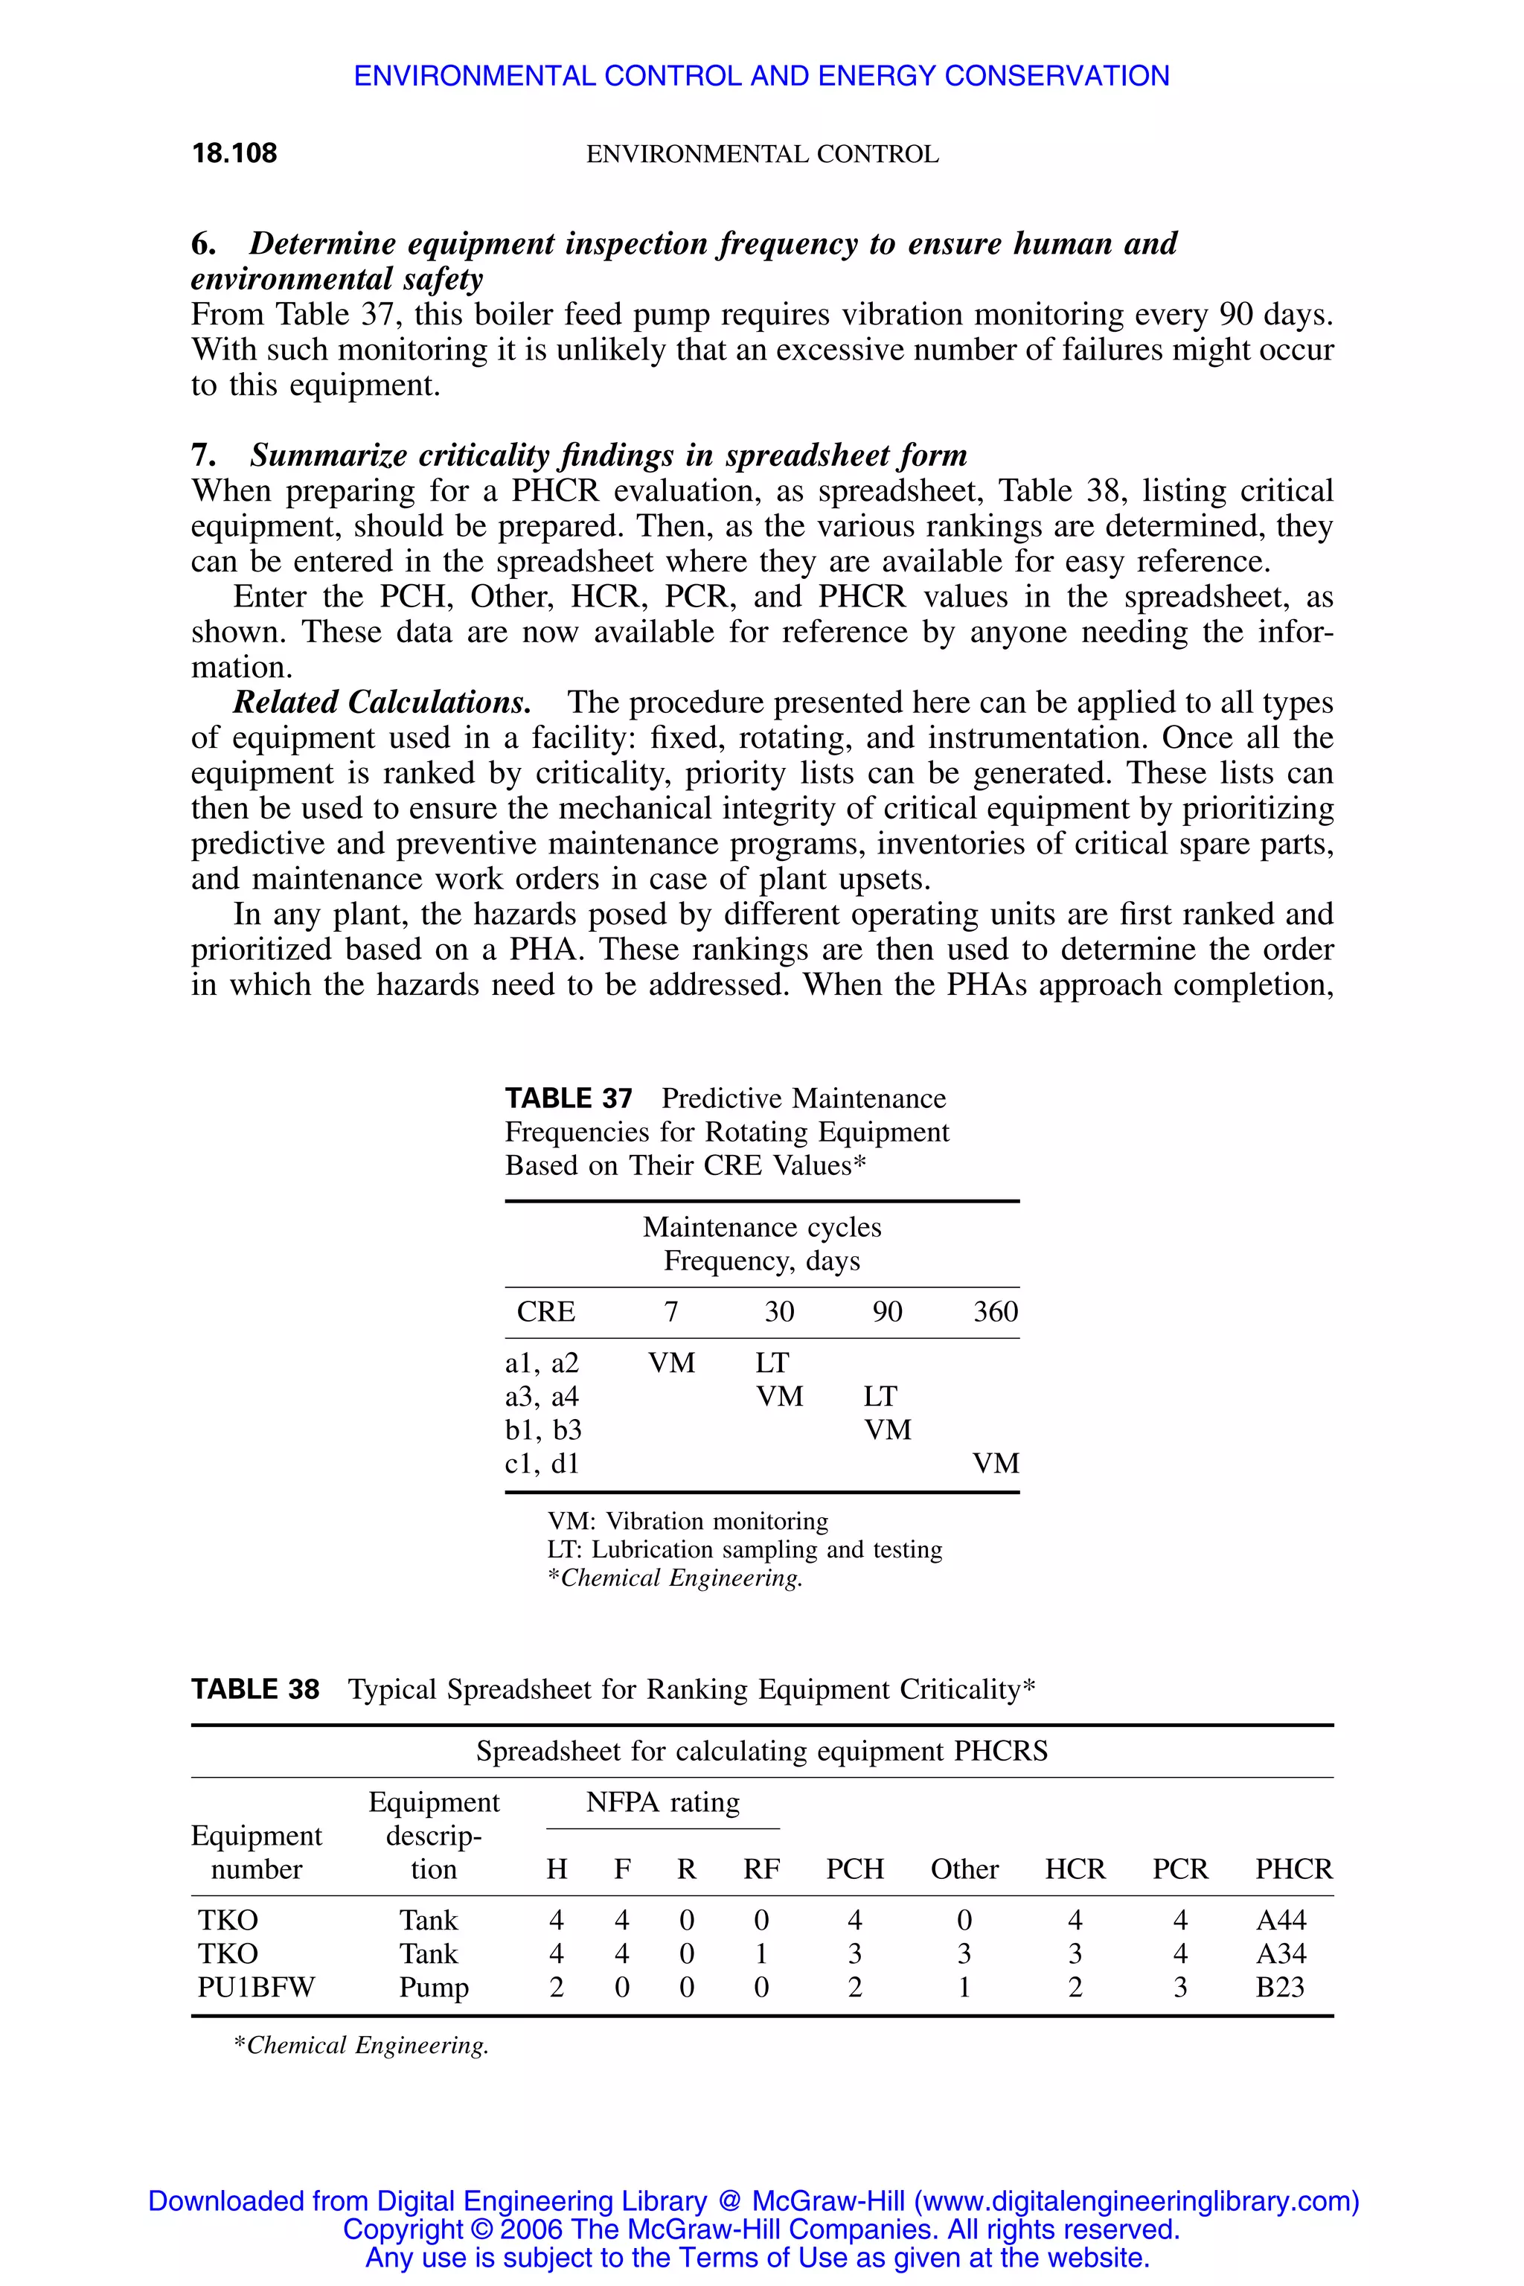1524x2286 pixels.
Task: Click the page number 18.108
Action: (x=234, y=153)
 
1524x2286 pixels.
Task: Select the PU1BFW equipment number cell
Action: (x=256, y=1987)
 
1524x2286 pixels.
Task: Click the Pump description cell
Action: (x=434, y=1987)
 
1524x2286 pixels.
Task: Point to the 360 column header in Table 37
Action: (x=995, y=1311)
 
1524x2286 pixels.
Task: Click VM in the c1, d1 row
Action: (x=995, y=1463)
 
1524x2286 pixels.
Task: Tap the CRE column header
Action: (x=545, y=1311)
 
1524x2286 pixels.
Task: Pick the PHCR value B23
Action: (x=1279, y=1987)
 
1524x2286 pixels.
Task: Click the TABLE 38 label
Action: (x=254, y=1689)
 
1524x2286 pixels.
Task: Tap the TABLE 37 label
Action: (x=569, y=1098)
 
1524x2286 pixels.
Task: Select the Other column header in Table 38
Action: (x=964, y=1869)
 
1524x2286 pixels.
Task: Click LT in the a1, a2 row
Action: (x=772, y=1363)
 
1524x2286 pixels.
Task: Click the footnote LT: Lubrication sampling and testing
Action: (x=744, y=1549)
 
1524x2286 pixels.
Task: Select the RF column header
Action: (x=761, y=1869)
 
